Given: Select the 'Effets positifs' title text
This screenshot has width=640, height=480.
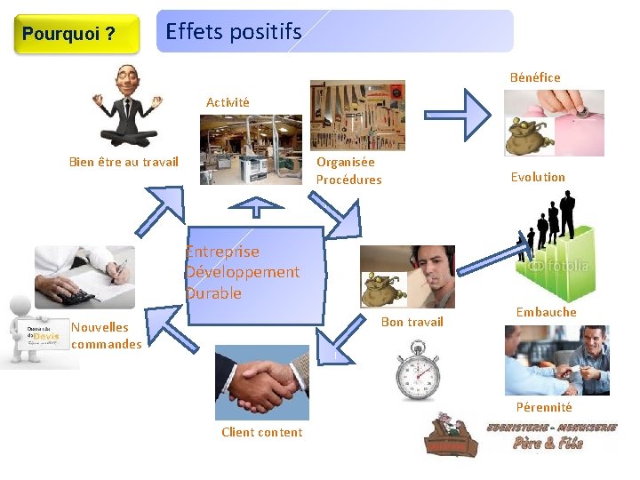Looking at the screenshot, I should click(234, 32).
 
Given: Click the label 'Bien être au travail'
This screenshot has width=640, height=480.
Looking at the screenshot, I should click(124, 162).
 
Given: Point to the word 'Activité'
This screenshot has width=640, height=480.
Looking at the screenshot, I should click(228, 102).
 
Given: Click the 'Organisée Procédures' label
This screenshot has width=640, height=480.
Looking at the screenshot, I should click(348, 171).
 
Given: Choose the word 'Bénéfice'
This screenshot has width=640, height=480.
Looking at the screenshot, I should click(535, 77).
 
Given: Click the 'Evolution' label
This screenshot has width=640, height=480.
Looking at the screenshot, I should click(538, 177).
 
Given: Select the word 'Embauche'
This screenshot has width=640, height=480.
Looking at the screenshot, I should click(546, 312).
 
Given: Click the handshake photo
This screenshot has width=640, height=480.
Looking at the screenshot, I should click(261, 382).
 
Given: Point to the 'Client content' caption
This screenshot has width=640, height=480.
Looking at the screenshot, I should click(261, 432).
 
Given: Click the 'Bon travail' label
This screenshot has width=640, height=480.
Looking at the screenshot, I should click(412, 322).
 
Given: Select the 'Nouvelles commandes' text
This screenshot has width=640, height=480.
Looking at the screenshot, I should click(106, 335).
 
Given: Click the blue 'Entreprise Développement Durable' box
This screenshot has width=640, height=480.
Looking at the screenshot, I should click(255, 275).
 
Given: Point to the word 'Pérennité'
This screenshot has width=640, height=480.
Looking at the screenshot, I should click(543, 407).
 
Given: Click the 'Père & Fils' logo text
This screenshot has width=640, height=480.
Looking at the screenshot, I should click(548, 442).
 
